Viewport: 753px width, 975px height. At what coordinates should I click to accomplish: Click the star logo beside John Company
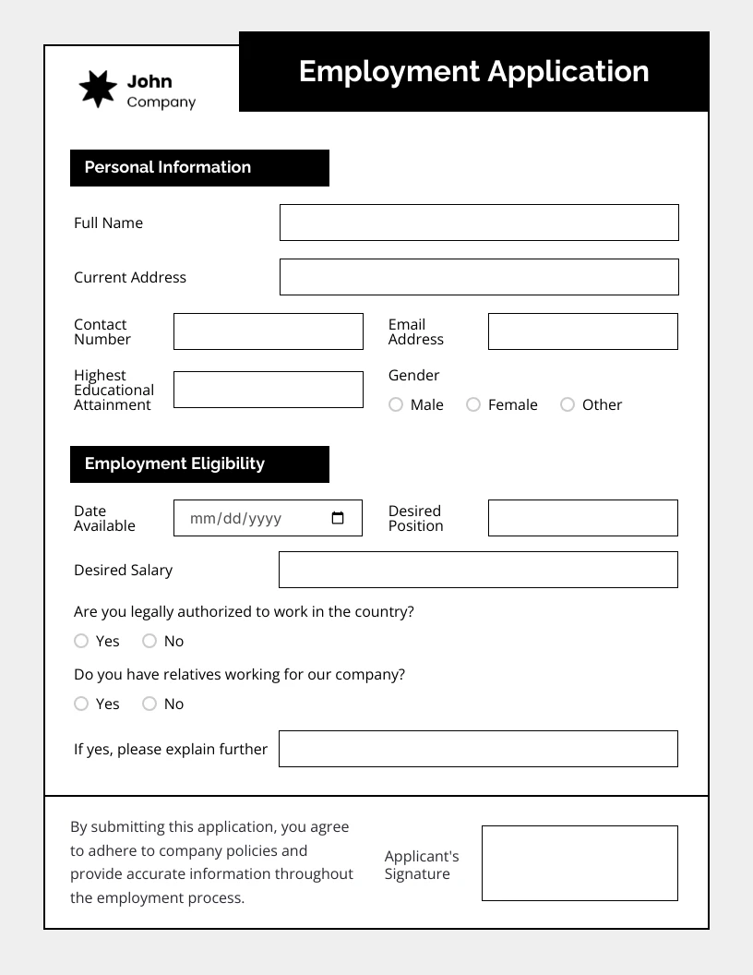(98, 90)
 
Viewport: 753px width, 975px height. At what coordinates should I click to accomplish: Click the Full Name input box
(479, 223)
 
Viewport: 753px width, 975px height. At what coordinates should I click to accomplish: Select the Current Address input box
(479, 277)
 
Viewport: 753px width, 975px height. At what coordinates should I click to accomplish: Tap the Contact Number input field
(269, 331)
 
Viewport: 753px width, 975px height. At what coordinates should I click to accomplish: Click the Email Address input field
(582, 331)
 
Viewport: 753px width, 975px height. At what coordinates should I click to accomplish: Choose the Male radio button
(396, 404)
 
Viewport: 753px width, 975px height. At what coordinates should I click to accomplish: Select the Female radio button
(473, 404)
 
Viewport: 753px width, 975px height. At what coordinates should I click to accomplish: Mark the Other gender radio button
(568, 404)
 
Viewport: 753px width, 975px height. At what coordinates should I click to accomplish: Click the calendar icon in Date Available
(338, 518)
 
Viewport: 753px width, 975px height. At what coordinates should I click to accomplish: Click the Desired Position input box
(582, 518)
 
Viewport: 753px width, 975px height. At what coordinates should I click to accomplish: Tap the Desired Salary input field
(478, 570)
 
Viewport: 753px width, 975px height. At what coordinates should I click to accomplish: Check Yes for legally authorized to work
(81, 641)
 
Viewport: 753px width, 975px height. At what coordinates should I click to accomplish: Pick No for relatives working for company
(149, 704)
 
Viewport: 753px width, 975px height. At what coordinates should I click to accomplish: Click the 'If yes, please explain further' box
(478, 749)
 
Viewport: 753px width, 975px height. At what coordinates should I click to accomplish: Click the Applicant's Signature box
(580, 863)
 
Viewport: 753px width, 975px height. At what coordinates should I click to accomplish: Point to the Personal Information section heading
(168, 167)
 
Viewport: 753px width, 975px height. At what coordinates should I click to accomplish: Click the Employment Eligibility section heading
(174, 463)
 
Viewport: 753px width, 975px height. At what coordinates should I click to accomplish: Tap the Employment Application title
(473, 71)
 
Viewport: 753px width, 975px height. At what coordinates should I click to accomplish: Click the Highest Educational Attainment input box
(269, 390)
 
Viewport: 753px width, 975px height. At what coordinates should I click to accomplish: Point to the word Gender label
(413, 375)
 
